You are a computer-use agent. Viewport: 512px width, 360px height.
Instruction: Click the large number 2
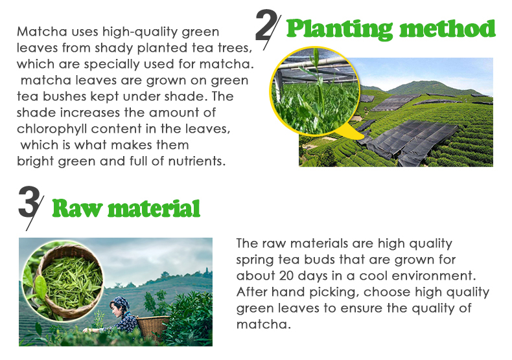pos(266,25)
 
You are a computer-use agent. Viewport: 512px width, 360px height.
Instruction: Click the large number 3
pos(29,202)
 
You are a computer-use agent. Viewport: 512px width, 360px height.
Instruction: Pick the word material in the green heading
pos(154,208)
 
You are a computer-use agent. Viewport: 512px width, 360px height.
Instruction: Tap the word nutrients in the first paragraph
pos(196,161)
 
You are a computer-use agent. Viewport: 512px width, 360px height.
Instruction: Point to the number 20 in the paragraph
pos(286,276)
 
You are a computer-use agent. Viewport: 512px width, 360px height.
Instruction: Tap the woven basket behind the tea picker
pos(152,326)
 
